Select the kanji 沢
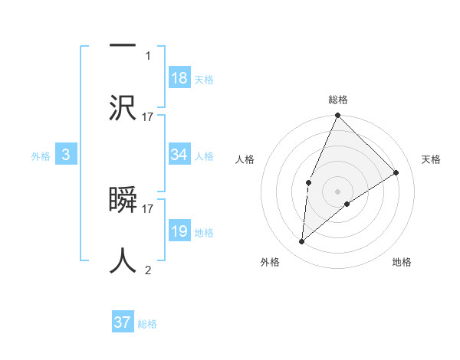pos(123,107)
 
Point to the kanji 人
pos(123,260)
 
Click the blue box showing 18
pos(179,78)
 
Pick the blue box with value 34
pos(179,155)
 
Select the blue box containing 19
pos(179,231)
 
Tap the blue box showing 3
pos(66,155)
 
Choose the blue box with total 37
pos(123,322)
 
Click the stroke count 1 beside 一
pos(148,55)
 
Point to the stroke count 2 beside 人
pos(148,270)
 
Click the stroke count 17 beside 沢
pos(148,116)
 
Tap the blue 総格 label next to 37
pos(147,324)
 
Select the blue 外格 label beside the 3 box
pos(41,155)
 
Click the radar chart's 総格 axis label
pos(338,100)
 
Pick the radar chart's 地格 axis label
pos(402,263)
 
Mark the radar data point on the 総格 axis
pos(338,116)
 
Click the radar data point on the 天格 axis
pos(396,172)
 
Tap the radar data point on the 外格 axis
pos(302,242)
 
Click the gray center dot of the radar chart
pos(338,191)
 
